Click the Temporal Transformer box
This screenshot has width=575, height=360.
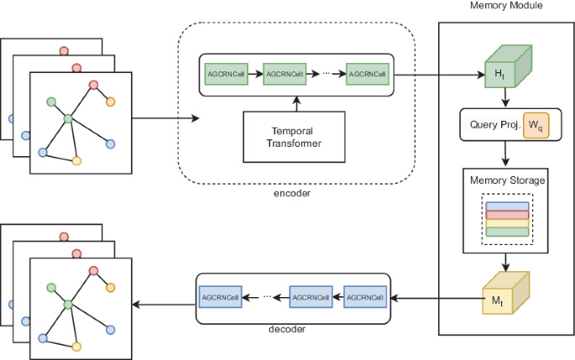pos(296,137)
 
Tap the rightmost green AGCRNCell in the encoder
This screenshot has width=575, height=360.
pos(367,74)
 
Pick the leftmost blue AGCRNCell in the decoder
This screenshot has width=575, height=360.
pos(220,296)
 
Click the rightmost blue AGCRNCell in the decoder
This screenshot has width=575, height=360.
pos(366,296)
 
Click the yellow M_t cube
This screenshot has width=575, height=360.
pos(504,296)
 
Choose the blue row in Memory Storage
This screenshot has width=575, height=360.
pos(505,206)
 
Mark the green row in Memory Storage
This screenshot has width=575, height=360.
pos(505,231)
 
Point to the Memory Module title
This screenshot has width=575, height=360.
pos(506,6)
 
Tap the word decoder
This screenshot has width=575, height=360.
pos(287,330)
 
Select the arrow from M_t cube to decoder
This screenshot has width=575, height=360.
pos(436,296)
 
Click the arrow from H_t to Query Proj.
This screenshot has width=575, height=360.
pos(504,99)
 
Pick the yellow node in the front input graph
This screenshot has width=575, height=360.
pos(76,160)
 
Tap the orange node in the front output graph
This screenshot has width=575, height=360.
pos(110,288)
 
